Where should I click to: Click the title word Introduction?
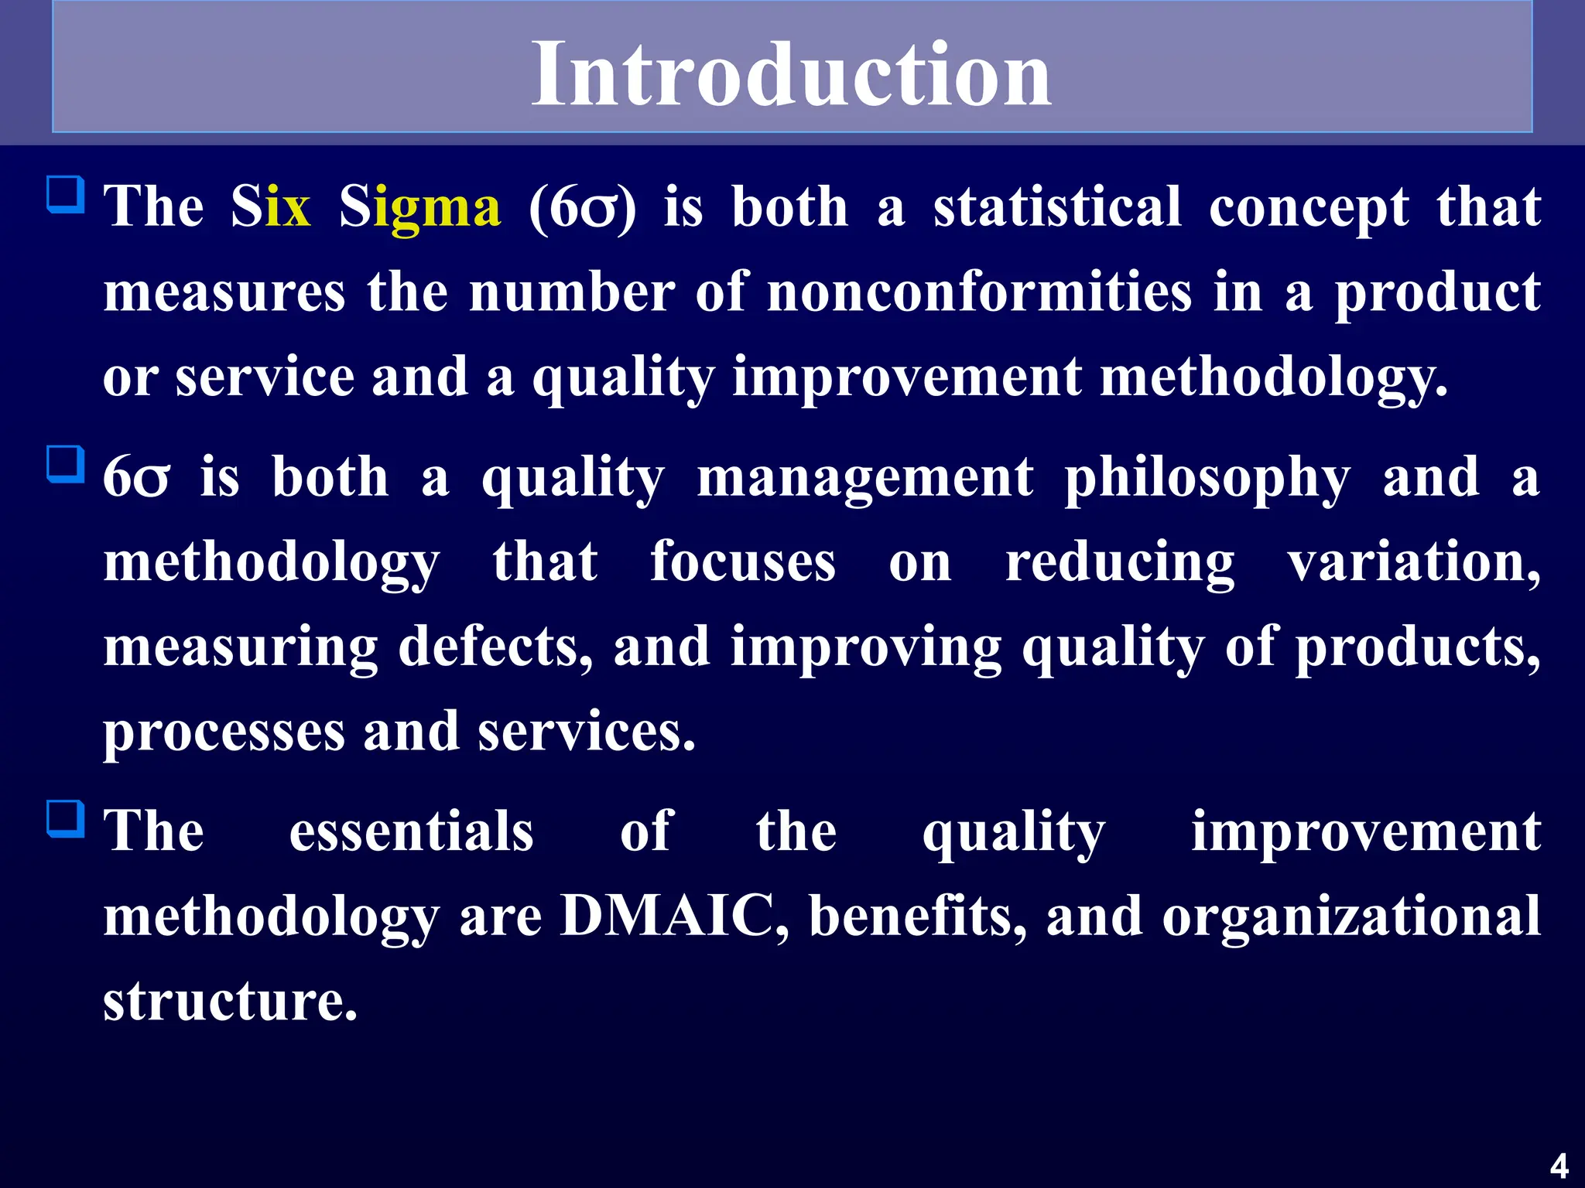point(791,74)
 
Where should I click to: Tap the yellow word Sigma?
point(420,207)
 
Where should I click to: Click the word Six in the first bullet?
point(271,207)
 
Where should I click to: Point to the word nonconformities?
point(979,292)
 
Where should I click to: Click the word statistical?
point(1057,207)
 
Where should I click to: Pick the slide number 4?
point(1559,1166)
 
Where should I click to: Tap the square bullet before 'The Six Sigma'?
point(66,194)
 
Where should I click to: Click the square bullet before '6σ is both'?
point(66,464)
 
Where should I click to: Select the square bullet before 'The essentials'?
point(66,819)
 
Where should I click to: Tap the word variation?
point(1413,562)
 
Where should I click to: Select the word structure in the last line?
point(230,1002)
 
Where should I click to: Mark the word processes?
point(224,733)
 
